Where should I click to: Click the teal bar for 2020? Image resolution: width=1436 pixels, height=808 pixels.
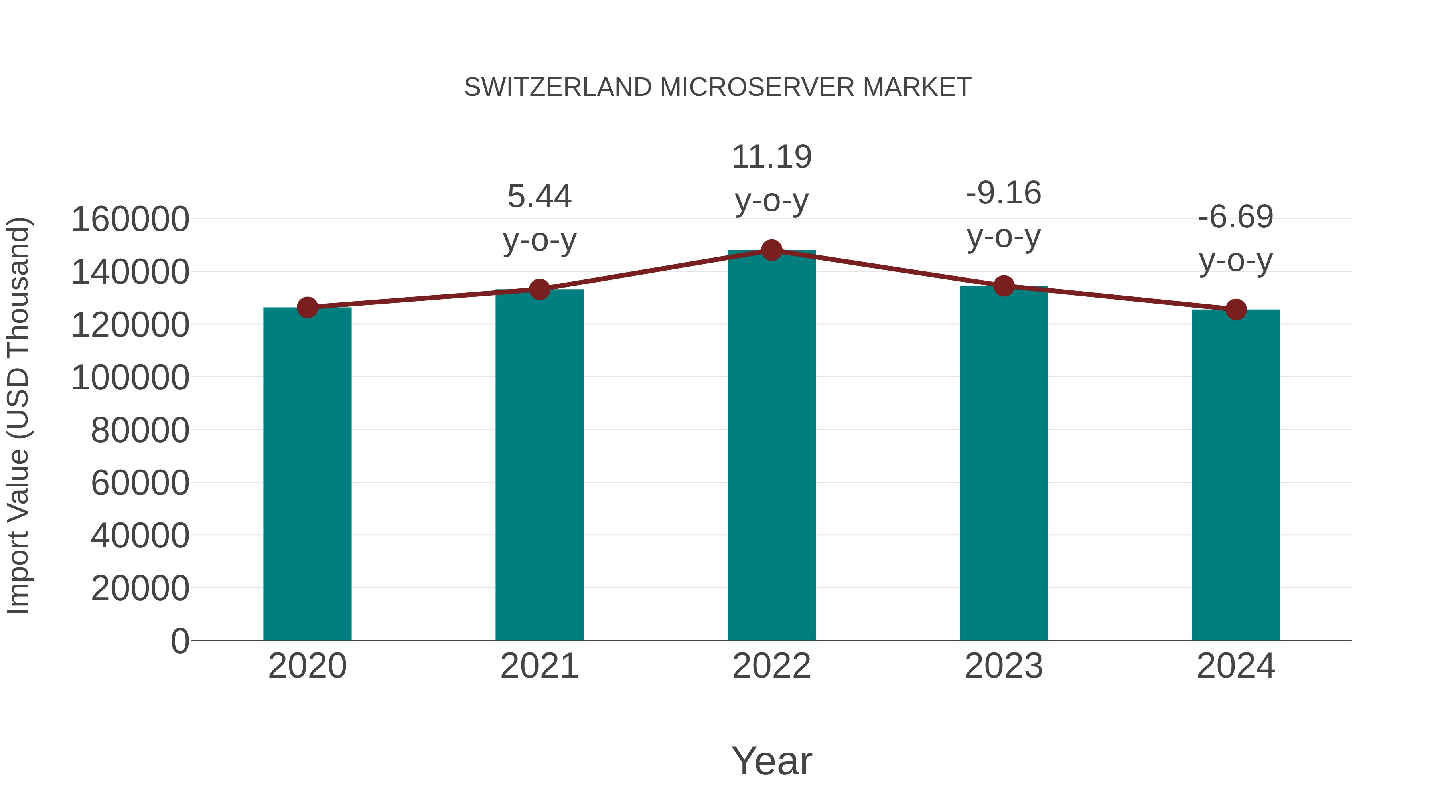point(307,474)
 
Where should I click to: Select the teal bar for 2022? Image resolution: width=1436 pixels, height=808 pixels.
point(771,446)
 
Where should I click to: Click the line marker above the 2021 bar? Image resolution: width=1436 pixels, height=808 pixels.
point(539,289)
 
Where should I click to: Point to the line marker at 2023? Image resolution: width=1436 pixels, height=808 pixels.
point(1004,286)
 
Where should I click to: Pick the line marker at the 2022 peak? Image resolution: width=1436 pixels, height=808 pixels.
point(771,250)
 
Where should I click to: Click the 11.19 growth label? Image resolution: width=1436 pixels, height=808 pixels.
point(771,157)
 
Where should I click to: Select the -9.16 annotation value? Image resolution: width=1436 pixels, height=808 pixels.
point(1004,194)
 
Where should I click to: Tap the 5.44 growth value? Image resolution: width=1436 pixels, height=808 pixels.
point(539,197)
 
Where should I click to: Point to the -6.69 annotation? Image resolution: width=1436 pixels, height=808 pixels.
point(1236,217)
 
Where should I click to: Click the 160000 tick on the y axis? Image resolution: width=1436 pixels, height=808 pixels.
point(130,219)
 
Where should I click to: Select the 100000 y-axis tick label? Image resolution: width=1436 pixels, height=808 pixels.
point(130,377)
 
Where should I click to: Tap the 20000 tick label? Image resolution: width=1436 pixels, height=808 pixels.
point(140,588)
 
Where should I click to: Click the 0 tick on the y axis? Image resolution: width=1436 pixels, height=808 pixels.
point(180,641)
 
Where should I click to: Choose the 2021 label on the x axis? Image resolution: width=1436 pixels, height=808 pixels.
point(539,666)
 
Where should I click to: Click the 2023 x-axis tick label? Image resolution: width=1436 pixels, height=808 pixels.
point(1004,666)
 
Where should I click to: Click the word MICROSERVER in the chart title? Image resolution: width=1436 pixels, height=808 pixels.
point(756,87)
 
